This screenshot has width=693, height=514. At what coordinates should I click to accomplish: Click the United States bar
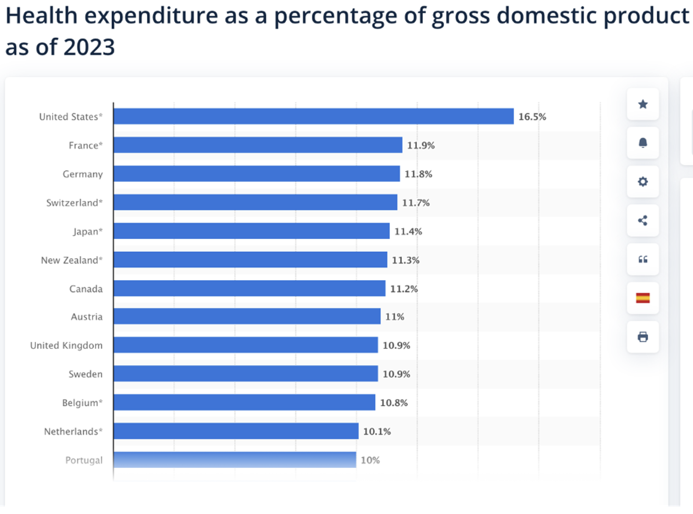(x=313, y=116)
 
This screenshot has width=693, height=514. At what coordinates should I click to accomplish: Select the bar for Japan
(x=251, y=231)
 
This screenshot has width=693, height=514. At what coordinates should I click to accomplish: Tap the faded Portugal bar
(x=234, y=460)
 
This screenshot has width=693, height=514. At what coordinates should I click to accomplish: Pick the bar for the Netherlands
(x=236, y=431)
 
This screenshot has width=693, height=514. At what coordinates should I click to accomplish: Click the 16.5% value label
(x=532, y=116)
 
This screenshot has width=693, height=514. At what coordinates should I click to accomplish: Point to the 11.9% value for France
(x=421, y=145)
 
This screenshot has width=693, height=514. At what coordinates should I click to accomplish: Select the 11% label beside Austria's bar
(x=395, y=316)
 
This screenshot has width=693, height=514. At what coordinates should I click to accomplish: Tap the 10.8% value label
(x=394, y=403)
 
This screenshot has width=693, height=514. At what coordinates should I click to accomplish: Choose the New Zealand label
(x=71, y=260)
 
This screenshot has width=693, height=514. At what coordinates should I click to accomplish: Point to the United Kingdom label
(x=66, y=345)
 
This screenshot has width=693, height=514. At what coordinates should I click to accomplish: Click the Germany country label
(x=82, y=174)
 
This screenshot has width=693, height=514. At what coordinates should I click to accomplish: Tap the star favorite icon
(x=643, y=104)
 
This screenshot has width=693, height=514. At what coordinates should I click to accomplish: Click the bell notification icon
(x=643, y=143)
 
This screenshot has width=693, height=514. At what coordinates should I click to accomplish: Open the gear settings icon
(x=643, y=182)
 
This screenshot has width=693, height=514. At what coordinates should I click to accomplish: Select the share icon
(x=643, y=220)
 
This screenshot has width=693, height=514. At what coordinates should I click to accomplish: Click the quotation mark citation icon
(x=643, y=259)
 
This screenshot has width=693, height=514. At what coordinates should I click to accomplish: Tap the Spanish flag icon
(x=643, y=298)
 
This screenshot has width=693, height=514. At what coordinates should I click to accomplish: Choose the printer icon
(x=643, y=337)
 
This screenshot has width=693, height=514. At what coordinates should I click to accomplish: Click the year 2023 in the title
(x=89, y=48)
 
